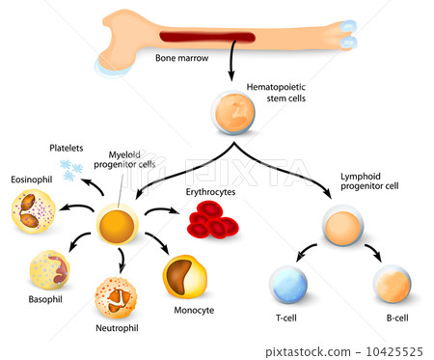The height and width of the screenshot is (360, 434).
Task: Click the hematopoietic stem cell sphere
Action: (231, 114)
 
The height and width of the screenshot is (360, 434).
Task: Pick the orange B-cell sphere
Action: (392, 284)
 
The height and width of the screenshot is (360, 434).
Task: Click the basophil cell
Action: (49, 271)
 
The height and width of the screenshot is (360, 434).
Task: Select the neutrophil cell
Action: (116, 297)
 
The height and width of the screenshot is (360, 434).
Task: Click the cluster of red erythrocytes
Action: (213, 224)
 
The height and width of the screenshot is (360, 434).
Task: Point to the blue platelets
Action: (70, 171)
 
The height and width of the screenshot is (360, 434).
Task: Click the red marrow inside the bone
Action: (207, 38)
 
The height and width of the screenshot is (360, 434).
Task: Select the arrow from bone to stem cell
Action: (231, 68)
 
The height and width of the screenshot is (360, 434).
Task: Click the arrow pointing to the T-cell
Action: (308, 255)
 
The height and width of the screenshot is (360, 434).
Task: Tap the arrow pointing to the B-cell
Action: (374, 255)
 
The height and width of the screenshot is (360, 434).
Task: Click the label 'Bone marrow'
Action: (180, 58)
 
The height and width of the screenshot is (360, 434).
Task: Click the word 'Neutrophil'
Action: (117, 329)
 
